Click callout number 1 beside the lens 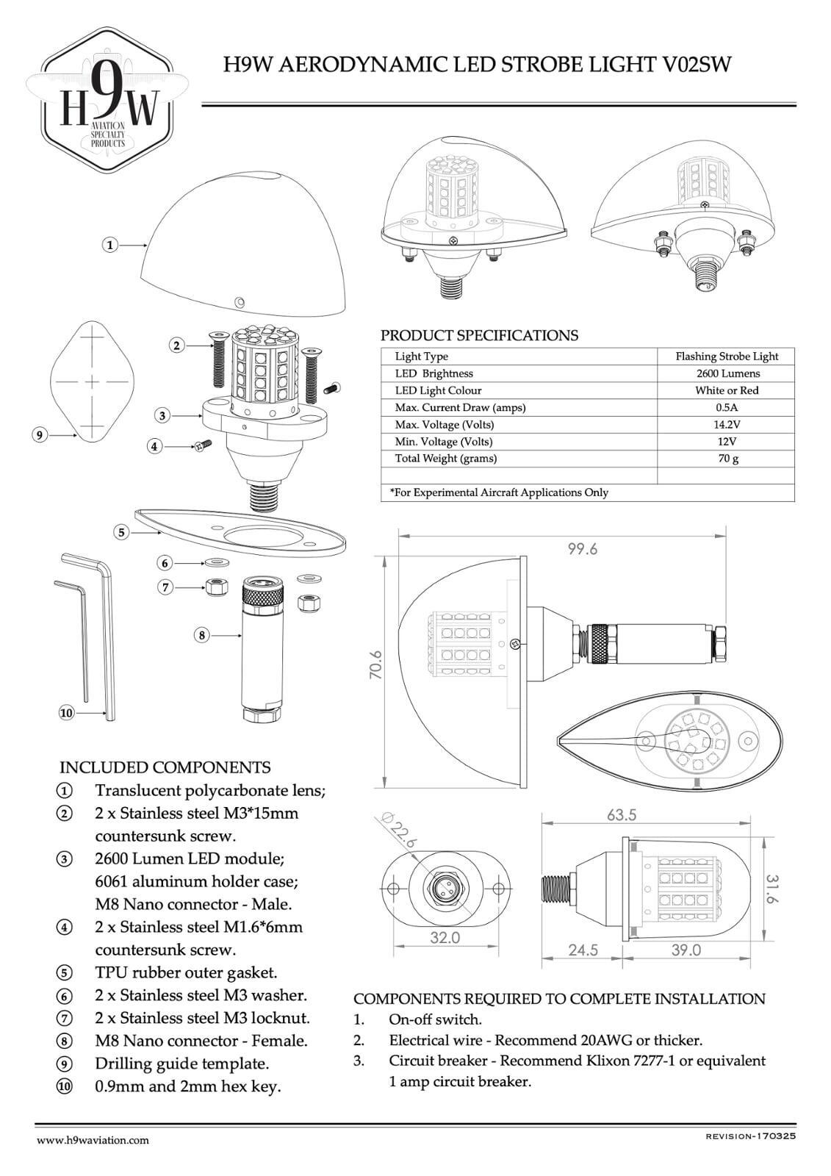[110, 245]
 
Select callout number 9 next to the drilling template [40, 435]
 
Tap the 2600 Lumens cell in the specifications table [727, 373]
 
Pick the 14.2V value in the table [727, 424]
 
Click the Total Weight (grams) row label [446, 458]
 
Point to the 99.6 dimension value [583, 549]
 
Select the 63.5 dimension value [622, 815]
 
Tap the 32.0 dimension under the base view [445, 938]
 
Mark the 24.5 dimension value [583, 950]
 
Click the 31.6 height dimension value [771, 889]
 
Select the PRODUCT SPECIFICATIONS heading [479, 335]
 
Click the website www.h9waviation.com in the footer [93, 1140]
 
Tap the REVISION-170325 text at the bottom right [750, 1136]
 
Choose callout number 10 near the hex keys [66, 712]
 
